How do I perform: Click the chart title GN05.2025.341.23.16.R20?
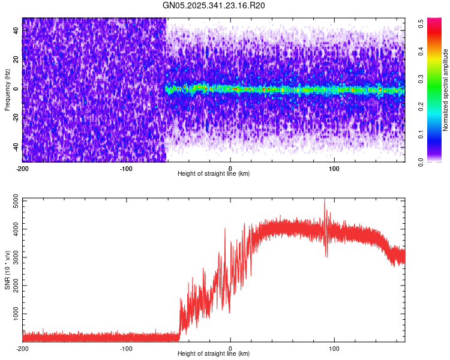214,5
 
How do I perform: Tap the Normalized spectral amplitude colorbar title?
446,90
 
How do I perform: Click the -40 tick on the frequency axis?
14,146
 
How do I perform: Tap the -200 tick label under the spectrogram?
22,167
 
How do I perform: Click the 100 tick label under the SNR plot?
334,347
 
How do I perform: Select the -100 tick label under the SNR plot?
126,347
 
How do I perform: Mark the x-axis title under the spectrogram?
214,173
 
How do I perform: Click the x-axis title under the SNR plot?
214,353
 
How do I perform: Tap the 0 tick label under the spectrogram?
230,167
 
